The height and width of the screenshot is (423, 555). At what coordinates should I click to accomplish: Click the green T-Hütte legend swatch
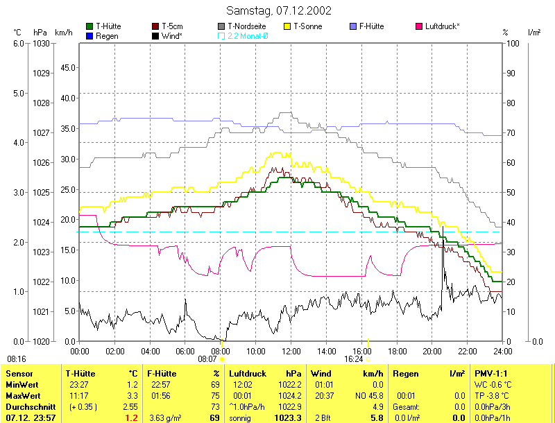(x=89, y=26)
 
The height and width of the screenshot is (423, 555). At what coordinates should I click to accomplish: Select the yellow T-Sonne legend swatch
(x=289, y=26)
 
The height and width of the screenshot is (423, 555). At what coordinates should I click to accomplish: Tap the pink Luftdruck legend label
(x=443, y=26)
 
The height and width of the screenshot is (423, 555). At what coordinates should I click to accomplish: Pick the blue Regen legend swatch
(x=89, y=35)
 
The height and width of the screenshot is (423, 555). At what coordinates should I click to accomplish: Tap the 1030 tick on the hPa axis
(x=40, y=43)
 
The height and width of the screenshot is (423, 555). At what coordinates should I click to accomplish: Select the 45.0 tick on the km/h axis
(x=67, y=68)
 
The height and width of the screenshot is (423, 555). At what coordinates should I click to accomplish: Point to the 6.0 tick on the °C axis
(x=19, y=43)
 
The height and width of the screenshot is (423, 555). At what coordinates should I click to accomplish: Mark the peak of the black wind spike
(x=443, y=226)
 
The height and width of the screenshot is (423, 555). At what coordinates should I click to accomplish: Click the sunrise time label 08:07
(x=207, y=359)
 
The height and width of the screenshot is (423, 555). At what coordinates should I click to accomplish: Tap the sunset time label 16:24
(x=354, y=359)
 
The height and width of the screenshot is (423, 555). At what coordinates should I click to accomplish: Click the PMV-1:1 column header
(x=490, y=373)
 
